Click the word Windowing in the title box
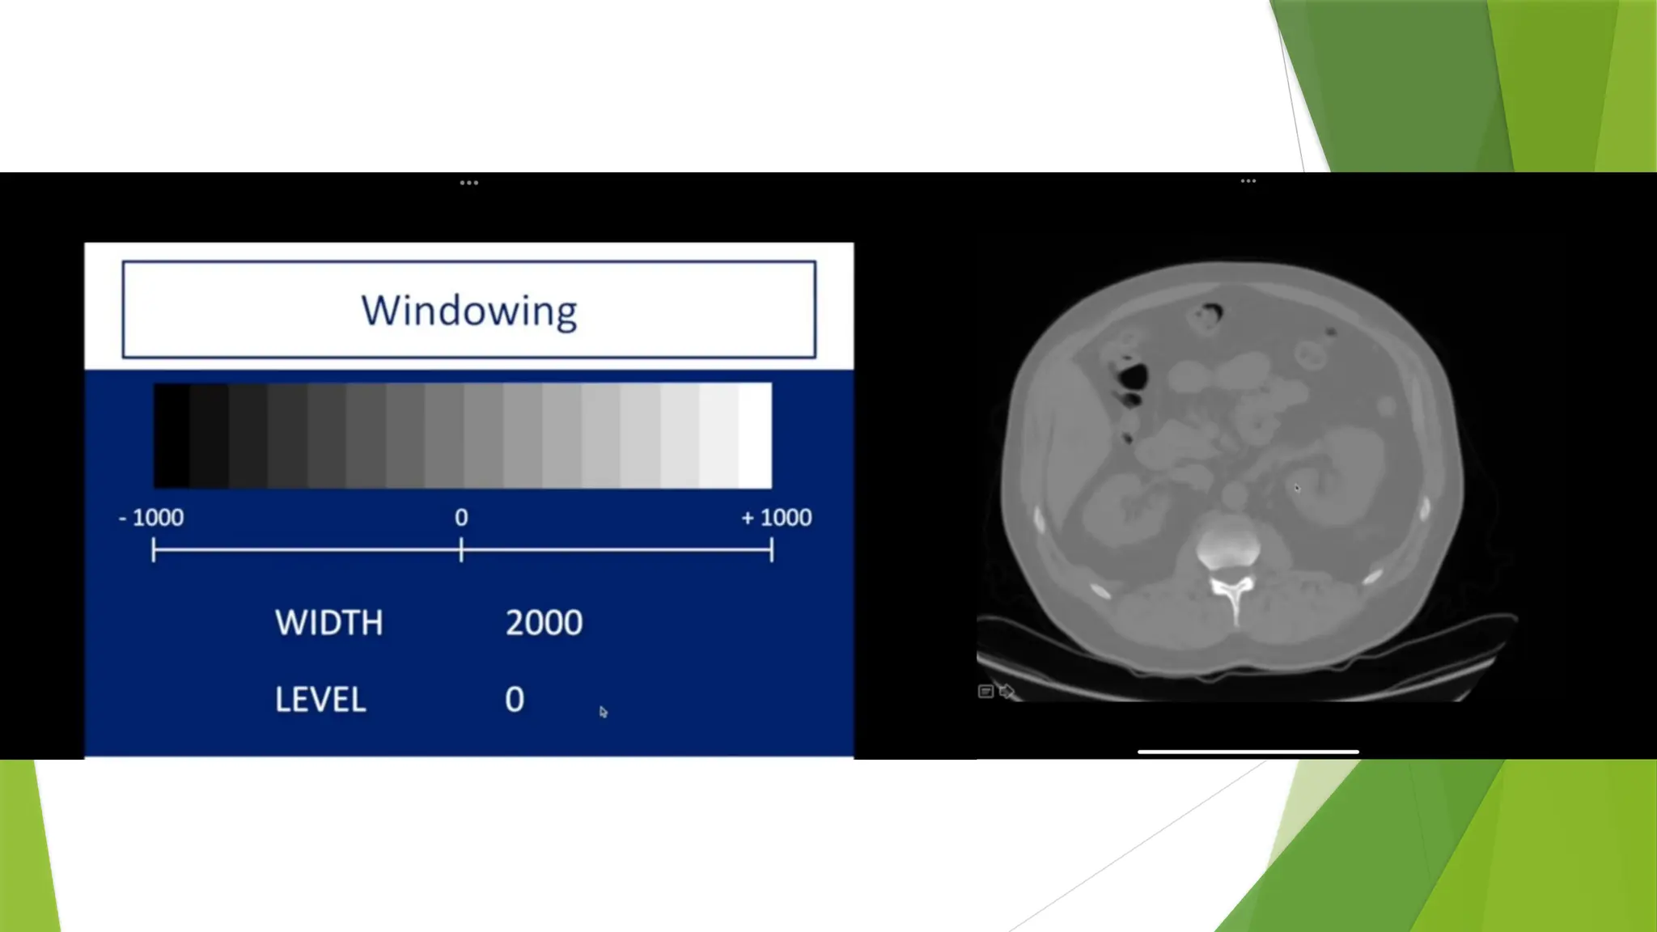coord(469,311)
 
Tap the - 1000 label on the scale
coord(151,518)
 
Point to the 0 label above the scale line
coord(461,518)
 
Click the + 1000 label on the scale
coord(776,518)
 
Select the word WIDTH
coord(328,623)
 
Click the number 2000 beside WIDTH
coord(544,623)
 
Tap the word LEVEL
coord(320,700)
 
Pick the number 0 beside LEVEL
coord(515,700)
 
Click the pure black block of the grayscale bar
coord(172,435)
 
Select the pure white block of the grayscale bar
coord(755,435)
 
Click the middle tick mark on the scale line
coord(461,551)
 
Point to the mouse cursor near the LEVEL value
coord(603,712)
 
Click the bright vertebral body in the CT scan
coord(1228,545)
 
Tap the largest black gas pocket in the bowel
coord(1133,376)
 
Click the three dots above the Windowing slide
coord(469,183)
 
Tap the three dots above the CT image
coord(1248,181)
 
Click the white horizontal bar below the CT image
coord(1248,752)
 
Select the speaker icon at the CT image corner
coord(1006,691)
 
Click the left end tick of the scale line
coord(154,551)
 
